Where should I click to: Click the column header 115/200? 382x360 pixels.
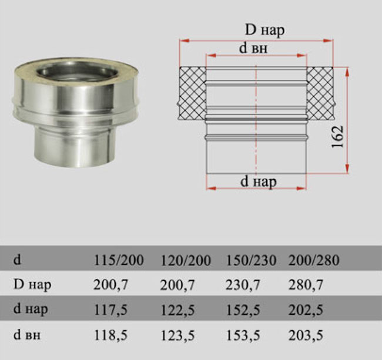(119, 260)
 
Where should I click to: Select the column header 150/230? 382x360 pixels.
(251, 260)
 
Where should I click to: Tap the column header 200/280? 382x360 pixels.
(314, 260)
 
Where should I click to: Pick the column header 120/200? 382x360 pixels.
(186, 260)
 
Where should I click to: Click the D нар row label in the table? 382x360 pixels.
(32, 285)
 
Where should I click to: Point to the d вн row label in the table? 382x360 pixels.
(27, 335)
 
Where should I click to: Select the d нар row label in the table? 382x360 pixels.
(31, 309)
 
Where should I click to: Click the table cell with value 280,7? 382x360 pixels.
(306, 285)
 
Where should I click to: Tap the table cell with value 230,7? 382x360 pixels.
(243, 285)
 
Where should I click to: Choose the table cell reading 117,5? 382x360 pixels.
(110, 310)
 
